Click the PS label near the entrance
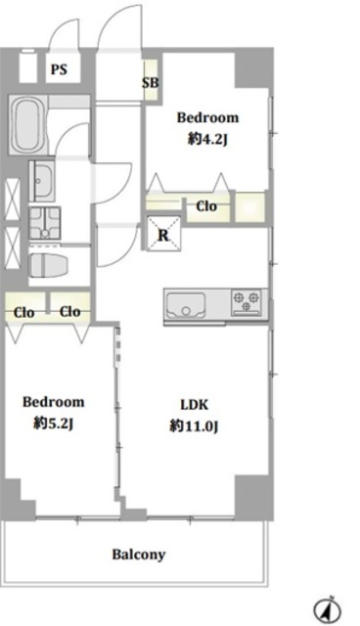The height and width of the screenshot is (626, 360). [59, 69]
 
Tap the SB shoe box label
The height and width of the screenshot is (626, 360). [151, 82]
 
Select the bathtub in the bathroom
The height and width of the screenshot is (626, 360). [26, 125]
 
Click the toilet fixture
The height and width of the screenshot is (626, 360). [49, 264]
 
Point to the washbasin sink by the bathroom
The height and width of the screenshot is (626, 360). [42, 182]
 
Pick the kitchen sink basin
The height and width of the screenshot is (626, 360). [186, 305]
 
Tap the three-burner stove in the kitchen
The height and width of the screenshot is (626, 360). [246, 302]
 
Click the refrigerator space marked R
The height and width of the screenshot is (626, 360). [163, 234]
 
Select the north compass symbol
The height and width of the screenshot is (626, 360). [327, 609]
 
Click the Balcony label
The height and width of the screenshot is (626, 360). [139, 555]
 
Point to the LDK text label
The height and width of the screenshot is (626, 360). [194, 404]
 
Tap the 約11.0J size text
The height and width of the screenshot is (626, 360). [194, 426]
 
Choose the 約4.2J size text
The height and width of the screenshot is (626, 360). [207, 139]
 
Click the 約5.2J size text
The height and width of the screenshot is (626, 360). [54, 424]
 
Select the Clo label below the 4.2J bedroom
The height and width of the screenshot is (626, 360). [206, 206]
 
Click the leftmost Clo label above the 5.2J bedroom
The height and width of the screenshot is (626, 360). [23, 312]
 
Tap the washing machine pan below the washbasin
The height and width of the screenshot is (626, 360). [45, 223]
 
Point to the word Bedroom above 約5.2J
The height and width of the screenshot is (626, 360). [54, 402]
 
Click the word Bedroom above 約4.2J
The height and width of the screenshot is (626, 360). [207, 117]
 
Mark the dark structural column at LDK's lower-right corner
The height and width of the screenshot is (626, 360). [253, 497]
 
